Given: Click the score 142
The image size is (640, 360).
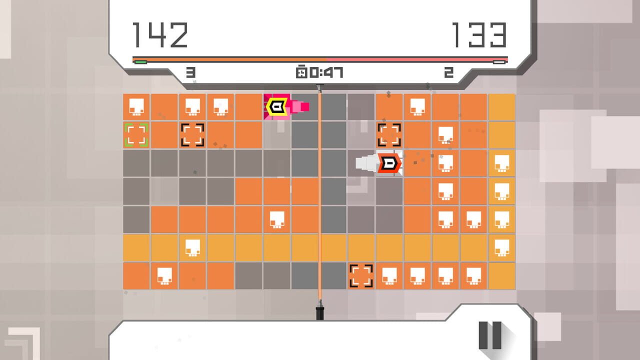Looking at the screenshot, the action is coord(160,35).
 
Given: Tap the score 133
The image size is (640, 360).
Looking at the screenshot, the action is coord(479,35).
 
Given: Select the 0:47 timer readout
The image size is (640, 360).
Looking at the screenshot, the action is coord(326,72).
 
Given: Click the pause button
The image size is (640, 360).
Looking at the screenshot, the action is coord(490,335).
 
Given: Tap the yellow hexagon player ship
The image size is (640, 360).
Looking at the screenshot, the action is coord(276,107).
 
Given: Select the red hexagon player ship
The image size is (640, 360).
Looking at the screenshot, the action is coord(389,163).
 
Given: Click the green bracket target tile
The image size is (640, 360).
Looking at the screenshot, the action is coord(136,135).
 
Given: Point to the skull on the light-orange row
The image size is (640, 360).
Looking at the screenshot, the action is coord(192,247).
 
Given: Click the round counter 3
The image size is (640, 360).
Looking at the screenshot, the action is coord(190,72).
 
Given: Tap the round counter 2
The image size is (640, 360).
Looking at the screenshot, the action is coord(449,72).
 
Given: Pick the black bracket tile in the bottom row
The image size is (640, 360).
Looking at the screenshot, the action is coord(361,276).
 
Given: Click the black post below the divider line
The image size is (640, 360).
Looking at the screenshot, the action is coord(319,313).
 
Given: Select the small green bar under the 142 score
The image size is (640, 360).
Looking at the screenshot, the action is coord(140,62).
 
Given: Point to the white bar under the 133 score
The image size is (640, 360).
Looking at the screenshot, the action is coord(499,62).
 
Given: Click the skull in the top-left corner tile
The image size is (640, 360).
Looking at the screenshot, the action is coord(136,107).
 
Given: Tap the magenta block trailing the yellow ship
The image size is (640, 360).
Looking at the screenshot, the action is coord(305,106).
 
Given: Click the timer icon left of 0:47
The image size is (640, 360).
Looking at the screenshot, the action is coord(301,72).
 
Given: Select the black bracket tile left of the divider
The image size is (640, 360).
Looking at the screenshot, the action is coord(192,135).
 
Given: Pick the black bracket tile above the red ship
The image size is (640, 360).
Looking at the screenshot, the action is coord(389,135).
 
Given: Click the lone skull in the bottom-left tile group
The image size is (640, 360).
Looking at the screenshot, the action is coord(164,276).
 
